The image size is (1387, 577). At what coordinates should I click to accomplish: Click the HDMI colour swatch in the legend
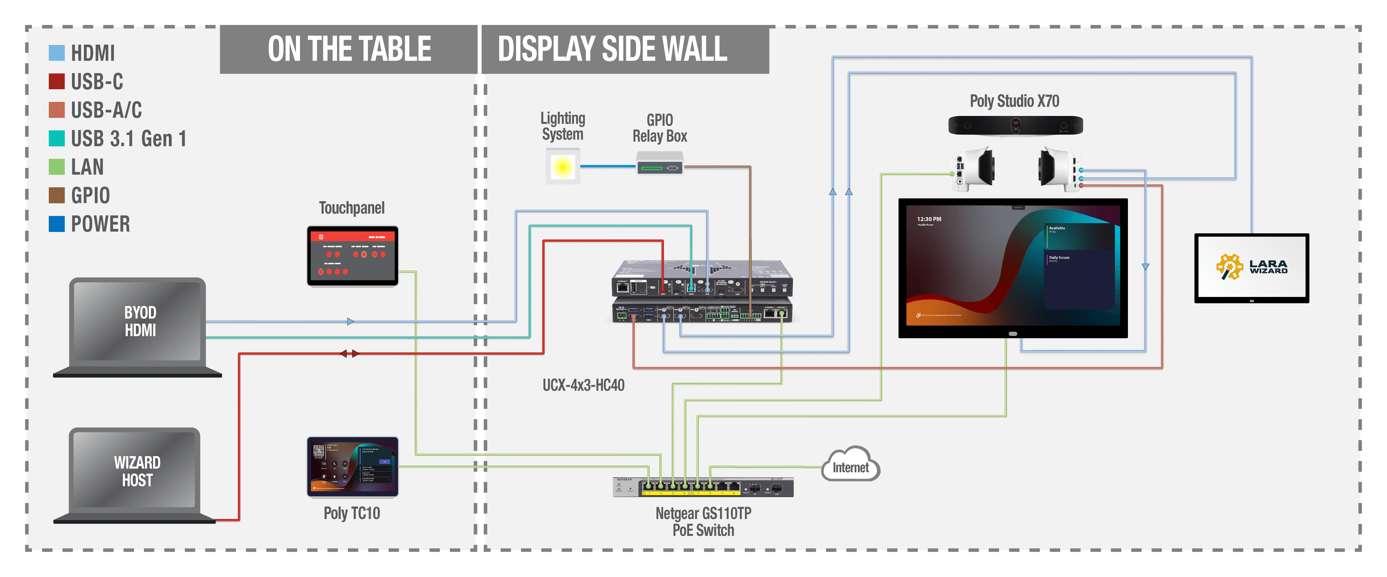[x=57, y=53]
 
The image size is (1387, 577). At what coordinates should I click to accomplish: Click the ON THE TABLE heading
[x=349, y=49]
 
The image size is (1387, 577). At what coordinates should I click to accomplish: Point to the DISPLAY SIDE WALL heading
[x=612, y=49]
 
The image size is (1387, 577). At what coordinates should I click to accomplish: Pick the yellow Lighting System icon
[x=563, y=167]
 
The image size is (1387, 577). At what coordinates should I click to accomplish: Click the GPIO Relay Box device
[x=660, y=163]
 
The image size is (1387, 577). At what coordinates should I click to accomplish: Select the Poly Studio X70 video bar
[x=1015, y=125]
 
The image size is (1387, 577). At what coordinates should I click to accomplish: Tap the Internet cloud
[x=851, y=466]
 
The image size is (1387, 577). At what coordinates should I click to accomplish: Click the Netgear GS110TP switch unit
[x=703, y=487]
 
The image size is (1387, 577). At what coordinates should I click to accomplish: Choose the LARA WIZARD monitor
[x=1251, y=267]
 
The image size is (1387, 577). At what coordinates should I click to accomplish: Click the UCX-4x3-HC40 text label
[x=583, y=385]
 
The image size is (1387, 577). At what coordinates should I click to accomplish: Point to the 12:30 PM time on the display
[x=929, y=219]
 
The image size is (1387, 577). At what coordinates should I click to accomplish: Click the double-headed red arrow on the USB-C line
[x=349, y=354]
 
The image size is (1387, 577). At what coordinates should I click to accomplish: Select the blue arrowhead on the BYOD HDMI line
[x=350, y=322]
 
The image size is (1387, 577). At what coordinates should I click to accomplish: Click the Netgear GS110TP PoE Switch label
[x=703, y=521]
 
